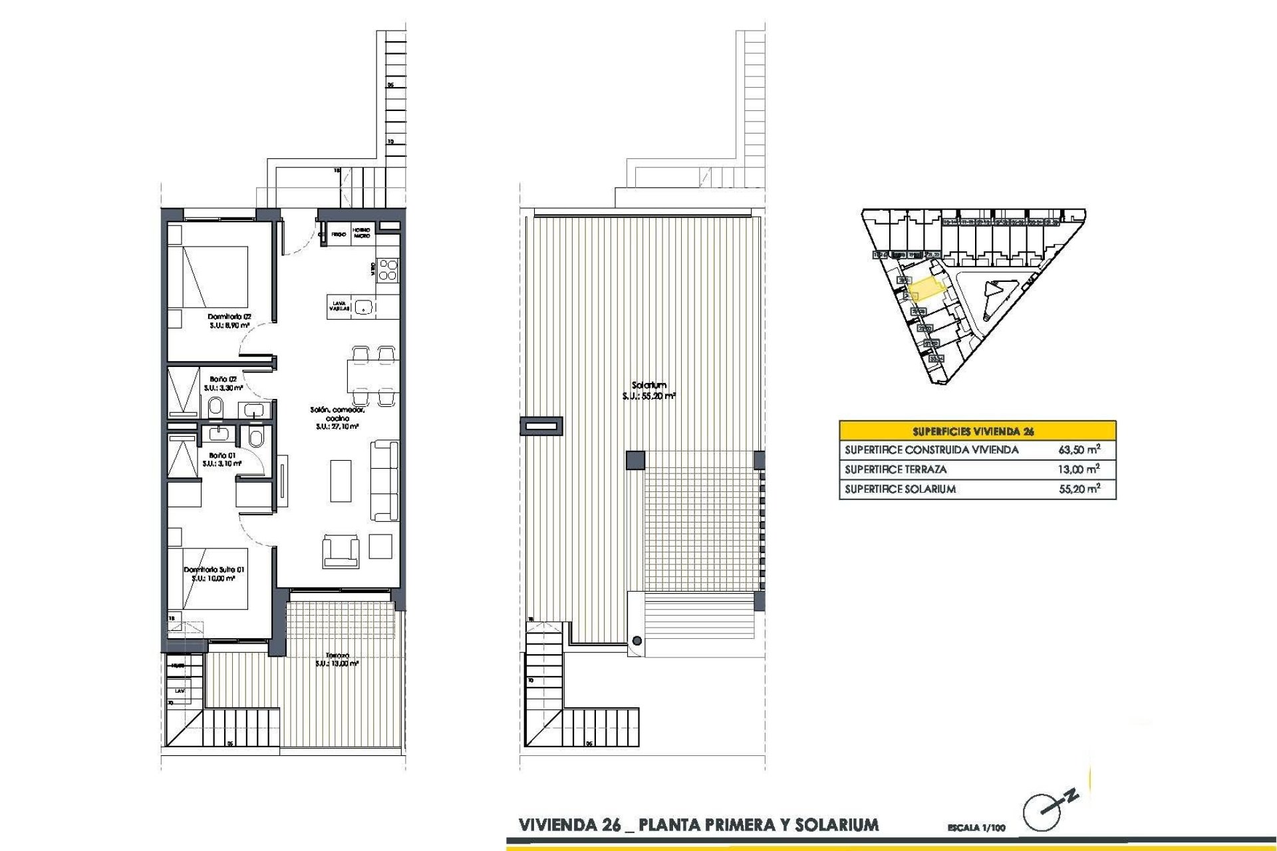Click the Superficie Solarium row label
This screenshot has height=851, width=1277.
pos(900,489)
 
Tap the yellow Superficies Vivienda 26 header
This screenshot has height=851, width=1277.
pos(977,431)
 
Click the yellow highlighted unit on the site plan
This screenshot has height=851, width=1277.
pos(926,290)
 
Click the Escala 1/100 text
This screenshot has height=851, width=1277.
pos(976,828)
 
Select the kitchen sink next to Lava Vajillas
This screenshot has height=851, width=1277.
pos(362,306)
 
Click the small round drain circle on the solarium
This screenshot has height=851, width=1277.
pos(637,641)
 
